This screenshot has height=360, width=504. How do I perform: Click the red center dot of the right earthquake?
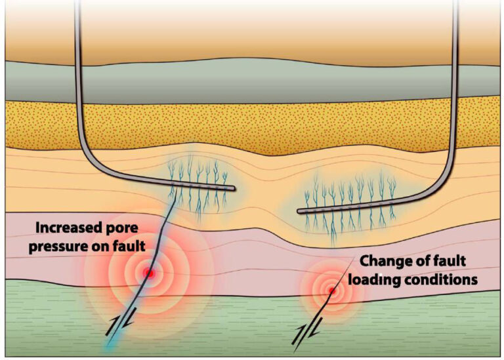coord(332,291)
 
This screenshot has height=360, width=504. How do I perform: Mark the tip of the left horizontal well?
coord(232,189)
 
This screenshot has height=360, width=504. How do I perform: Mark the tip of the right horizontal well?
coord(300,211)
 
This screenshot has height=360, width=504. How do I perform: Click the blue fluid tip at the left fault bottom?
coord(108,348)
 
